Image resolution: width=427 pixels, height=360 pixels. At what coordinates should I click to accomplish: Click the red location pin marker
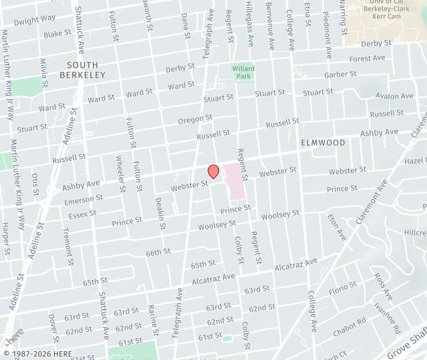[213, 171]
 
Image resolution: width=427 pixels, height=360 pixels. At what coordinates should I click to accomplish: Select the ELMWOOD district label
[323, 143]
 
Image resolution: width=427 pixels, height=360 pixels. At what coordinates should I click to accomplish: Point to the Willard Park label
[243, 72]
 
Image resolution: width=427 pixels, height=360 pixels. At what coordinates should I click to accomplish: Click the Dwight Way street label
[35, 20]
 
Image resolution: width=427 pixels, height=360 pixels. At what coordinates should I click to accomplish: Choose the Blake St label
[57, 33]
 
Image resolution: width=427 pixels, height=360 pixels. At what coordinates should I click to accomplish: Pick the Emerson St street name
[83, 199]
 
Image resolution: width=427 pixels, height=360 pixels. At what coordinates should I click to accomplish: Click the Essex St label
[82, 214]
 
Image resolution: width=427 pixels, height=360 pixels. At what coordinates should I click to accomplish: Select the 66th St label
[159, 253]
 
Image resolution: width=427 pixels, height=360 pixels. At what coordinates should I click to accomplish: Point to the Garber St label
[337, 75]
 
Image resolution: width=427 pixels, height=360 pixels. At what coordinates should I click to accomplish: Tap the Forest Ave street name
[367, 59]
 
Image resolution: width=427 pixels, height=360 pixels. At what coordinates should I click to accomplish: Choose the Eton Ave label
[337, 226]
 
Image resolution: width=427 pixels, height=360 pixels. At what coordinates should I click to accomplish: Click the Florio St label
[343, 289]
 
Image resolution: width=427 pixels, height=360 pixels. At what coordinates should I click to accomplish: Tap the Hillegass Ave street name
[250, 21]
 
